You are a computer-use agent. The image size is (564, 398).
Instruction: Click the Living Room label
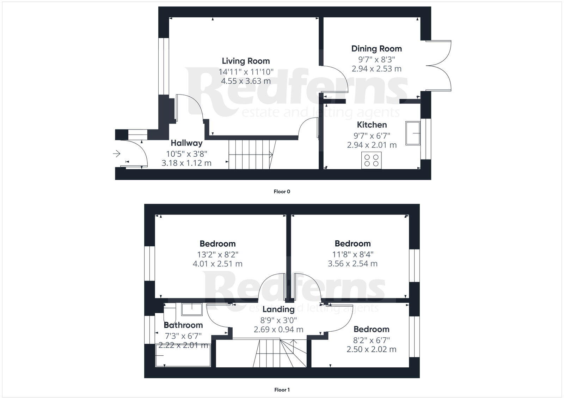coord(246,61)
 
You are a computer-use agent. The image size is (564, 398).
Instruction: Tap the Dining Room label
coord(376,49)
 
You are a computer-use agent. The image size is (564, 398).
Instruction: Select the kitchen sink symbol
coord(413,133)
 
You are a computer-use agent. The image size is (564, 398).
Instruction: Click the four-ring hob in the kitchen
coord(372,160)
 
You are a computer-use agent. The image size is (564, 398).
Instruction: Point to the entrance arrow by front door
coord(116,154)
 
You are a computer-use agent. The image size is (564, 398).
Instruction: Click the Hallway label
coord(186,143)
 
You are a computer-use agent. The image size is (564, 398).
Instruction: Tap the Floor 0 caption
coord(282,192)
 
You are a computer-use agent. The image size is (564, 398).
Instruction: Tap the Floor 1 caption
coord(282,390)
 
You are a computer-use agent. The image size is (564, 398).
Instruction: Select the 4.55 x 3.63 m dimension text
coord(246,81)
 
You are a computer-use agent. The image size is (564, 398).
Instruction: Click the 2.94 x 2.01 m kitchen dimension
coord(372,145)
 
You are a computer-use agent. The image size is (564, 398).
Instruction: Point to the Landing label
coord(278,309)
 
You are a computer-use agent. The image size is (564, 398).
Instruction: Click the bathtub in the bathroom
coord(183,355)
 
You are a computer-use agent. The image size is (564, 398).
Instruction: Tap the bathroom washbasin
coord(192,309)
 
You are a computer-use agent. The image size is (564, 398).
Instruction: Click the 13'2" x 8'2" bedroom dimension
coord(217,254)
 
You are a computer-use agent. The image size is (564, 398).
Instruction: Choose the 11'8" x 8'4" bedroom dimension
coord(352,254)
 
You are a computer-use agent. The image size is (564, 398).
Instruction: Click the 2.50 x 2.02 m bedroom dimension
coord(371,349)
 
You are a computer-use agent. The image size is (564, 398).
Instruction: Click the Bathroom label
coord(183,325)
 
